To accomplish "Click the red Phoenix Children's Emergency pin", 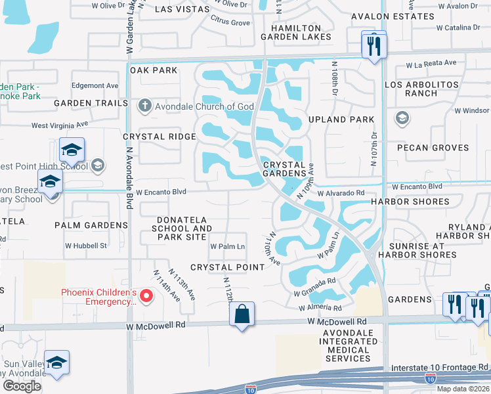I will [x=147, y=297].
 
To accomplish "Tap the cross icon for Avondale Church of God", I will [x=144, y=106].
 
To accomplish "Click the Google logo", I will [x=22, y=386].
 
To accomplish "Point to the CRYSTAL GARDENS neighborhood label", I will [x=284, y=169].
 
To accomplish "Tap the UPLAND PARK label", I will [x=343, y=120].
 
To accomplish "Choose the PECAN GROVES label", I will [x=432, y=148].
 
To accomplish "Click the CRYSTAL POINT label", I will [x=227, y=267].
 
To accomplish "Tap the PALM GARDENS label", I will [x=91, y=225].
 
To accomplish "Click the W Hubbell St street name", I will [x=85, y=246].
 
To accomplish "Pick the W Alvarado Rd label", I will [x=341, y=193].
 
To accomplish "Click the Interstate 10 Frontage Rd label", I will [x=439, y=367].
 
